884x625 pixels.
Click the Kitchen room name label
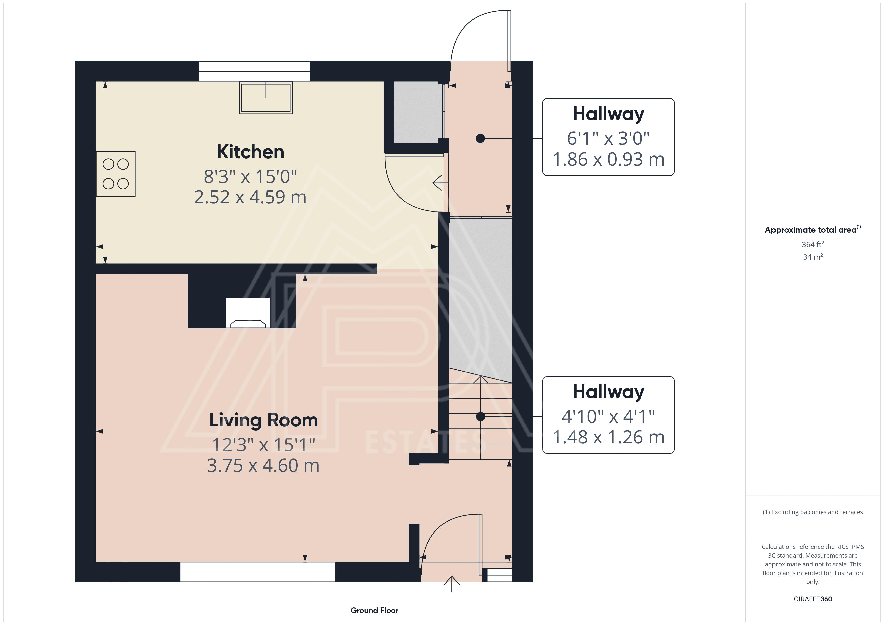[251, 152]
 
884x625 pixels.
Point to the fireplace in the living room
[248, 312]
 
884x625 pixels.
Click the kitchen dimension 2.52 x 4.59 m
[250, 197]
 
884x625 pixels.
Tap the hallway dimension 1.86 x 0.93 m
[608, 159]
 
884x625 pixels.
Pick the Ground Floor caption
[374, 610]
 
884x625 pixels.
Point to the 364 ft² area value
[813, 244]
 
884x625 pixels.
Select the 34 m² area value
[813, 257]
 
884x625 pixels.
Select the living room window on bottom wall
[258, 572]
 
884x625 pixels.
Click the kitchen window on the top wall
[255, 71]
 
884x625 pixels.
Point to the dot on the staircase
[481, 416]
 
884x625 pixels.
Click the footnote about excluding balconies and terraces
[813, 512]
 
